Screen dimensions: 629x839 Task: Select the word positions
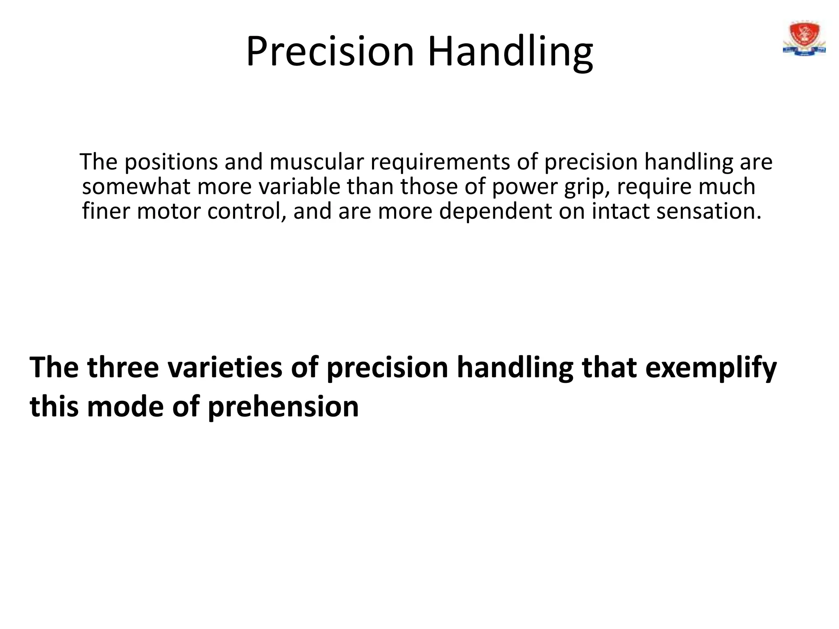coord(171,162)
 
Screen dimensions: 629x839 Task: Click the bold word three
coord(123,367)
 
